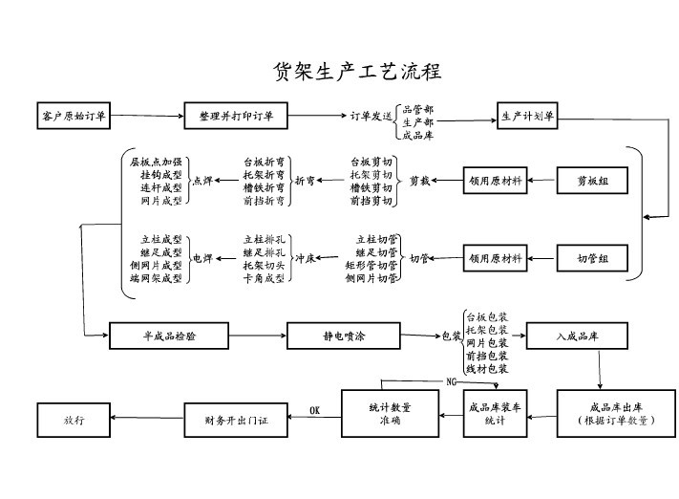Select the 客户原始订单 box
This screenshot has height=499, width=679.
pos(74,117)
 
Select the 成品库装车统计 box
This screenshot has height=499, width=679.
pos(494,413)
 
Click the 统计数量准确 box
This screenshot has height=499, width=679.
pos(390,413)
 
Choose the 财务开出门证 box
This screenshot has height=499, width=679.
pos(236,418)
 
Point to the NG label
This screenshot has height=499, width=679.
pos(451,382)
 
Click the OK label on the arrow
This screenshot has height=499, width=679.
pos(315,411)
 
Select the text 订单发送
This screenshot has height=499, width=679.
pos(371,117)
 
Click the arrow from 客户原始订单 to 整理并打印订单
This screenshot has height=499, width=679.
pos(148,117)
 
